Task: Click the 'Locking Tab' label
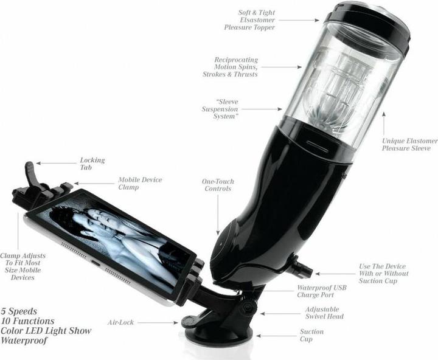(x=92, y=164)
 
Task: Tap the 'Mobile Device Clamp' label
(x=140, y=183)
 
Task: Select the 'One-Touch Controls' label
(x=218, y=185)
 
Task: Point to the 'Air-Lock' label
(x=120, y=322)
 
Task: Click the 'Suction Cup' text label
(x=311, y=335)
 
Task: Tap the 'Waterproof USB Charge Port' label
(x=322, y=291)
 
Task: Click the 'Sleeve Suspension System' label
(x=220, y=109)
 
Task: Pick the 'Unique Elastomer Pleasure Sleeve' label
(x=410, y=144)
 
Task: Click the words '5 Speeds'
(x=19, y=311)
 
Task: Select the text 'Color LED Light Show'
(x=46, y=331)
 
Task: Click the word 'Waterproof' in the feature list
(x=24, y=341)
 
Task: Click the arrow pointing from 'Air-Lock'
(x=158, y=322)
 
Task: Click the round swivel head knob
(x=248, y=306)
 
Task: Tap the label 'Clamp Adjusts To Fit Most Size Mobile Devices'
(x=23, y=266)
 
